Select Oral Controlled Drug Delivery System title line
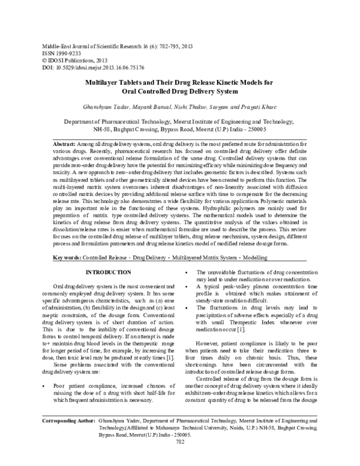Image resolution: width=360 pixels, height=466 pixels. [x=179, y=92]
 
